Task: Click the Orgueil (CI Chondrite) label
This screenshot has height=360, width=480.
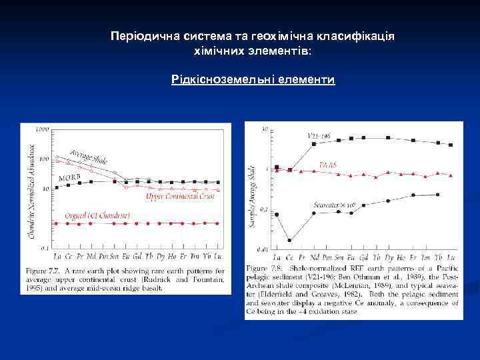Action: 97,215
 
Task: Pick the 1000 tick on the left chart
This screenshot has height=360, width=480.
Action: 43,129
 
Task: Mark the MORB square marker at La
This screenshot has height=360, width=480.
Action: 57,187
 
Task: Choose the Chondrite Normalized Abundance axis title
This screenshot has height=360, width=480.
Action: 31,190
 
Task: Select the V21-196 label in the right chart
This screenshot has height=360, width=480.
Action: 320,135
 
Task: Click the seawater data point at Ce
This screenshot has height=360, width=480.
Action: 289,239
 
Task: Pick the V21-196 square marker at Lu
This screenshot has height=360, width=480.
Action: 451,145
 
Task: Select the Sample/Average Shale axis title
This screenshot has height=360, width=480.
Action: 252,197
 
